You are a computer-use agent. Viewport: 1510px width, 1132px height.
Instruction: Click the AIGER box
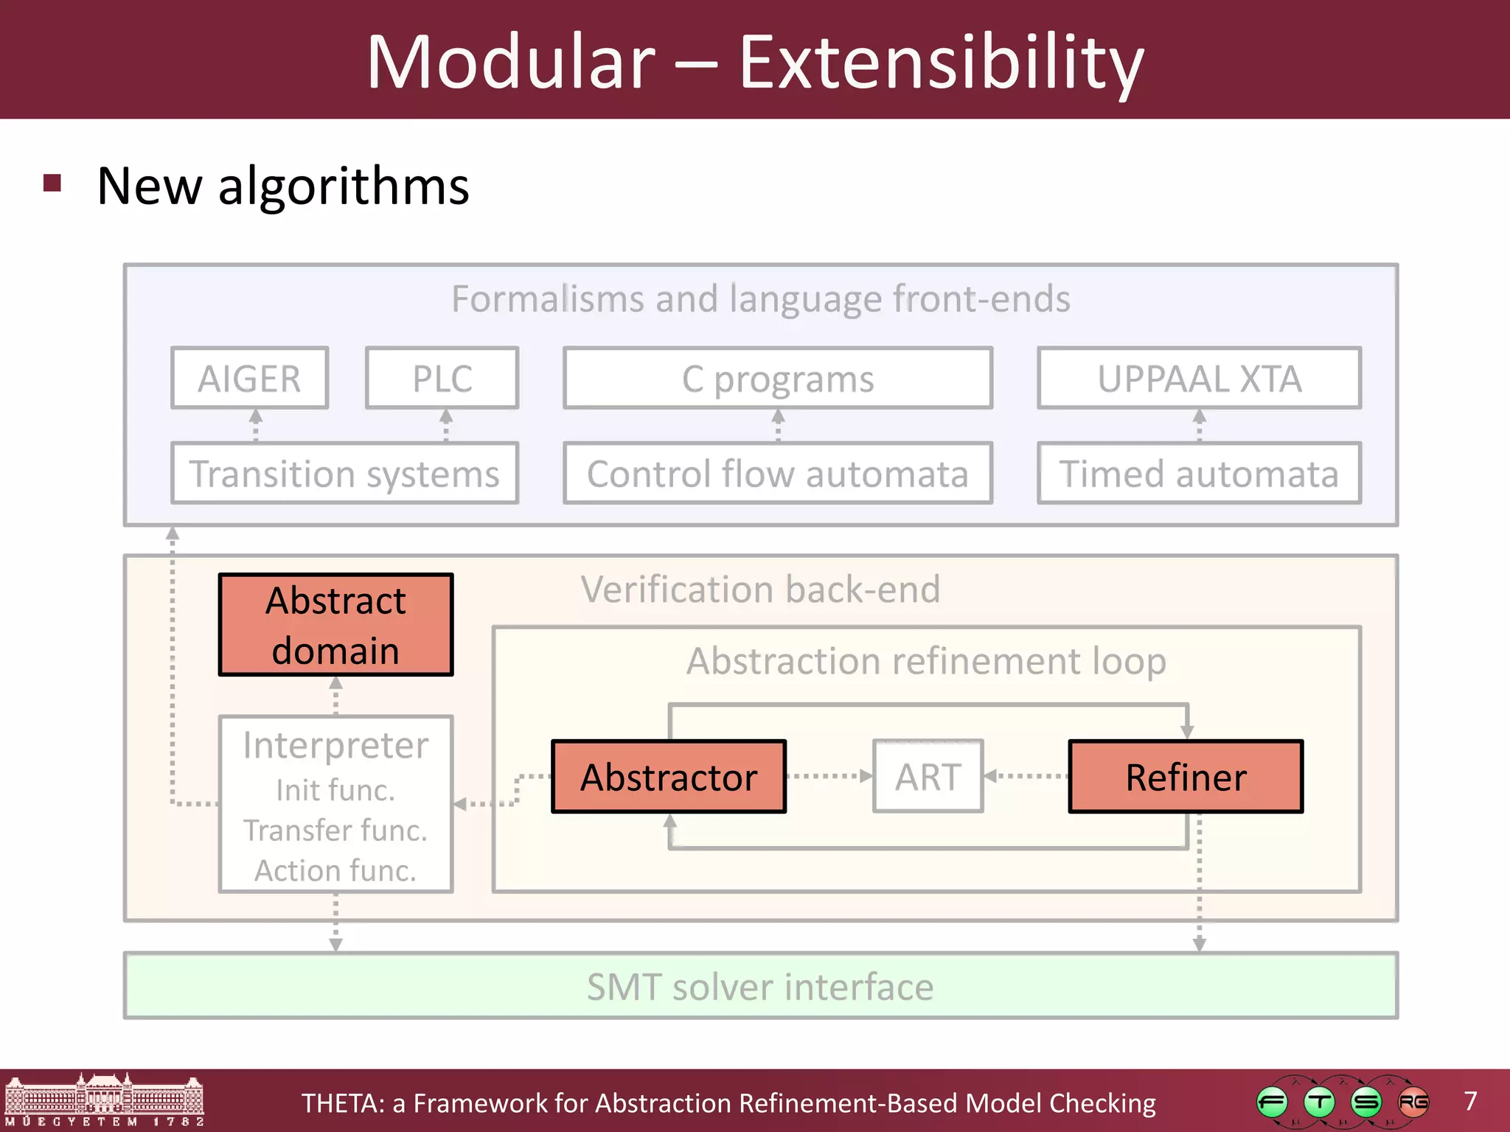point(249,379)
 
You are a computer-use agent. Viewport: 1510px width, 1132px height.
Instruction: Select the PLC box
point(442,379)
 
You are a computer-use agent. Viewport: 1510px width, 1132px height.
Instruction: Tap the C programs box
point(778,379)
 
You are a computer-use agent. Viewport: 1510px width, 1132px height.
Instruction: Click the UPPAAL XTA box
point(1199,379)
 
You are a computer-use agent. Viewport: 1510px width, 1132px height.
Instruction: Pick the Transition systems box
point(345,474)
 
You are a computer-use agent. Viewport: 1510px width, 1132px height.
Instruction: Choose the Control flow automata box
point(778,474)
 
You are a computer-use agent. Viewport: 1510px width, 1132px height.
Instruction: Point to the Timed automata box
point(1199,474)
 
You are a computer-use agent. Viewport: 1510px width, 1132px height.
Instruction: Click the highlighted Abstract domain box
point(335,625)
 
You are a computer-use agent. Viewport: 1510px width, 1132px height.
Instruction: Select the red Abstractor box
point(669,777)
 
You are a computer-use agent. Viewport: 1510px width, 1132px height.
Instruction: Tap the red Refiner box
point(1186,777)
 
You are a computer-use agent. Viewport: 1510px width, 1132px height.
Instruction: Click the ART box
point(928,777)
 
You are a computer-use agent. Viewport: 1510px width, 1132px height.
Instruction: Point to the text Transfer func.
point(335,831)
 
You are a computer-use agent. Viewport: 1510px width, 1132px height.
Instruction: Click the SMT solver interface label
point(760,987)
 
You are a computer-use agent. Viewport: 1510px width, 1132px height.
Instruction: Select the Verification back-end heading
point(760,590)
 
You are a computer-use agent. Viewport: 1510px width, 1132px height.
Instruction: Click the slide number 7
point(1470,1101)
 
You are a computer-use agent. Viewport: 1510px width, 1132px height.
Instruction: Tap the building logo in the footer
point(104,1100)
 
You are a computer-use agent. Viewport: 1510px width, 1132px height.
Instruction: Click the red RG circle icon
point(1413,1103)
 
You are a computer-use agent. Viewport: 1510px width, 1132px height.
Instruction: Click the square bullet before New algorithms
point(52,183)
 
